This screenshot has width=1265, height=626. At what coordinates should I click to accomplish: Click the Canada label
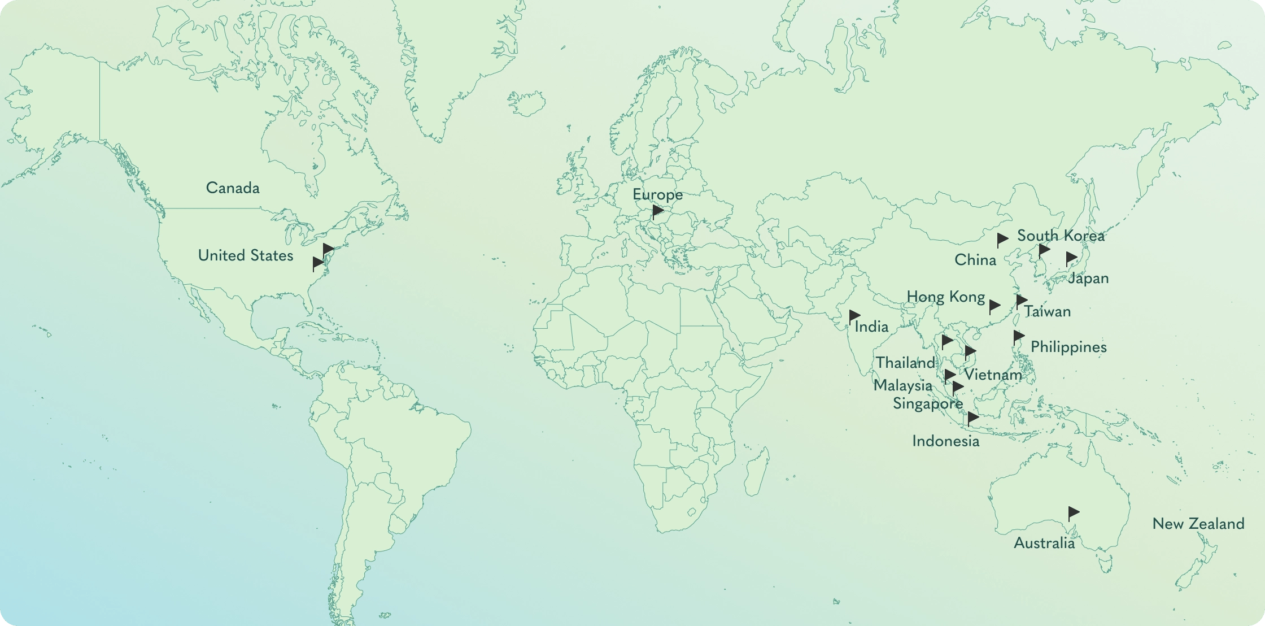tap(233, 188)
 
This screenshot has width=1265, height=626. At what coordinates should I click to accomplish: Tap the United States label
tap(246, 256)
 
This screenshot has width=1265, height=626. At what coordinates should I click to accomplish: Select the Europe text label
tap(657, 195)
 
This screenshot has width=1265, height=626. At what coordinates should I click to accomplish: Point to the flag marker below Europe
tap(658, 211)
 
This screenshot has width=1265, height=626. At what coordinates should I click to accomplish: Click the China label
tap(975, 260)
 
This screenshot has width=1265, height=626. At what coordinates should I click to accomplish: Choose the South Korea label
tap(1061, 236)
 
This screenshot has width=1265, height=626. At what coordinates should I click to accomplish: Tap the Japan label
tap(1088, 279)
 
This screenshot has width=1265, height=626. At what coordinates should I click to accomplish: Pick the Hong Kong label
tap(946, 297)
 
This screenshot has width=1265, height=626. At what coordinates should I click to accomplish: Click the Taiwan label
tap(1048, 311)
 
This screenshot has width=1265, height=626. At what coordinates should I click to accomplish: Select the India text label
tap(871, 327)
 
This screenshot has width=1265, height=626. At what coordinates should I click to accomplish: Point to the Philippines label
tap(1068, 347)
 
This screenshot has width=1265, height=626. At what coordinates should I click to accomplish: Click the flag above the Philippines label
tap(1019, 337)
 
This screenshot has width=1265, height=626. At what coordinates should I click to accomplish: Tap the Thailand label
tap(905, 363)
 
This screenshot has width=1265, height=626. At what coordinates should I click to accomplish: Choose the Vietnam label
tap(993, 375)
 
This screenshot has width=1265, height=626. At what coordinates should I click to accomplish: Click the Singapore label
tap(928, 404)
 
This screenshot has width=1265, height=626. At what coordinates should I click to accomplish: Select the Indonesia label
tap(945, 441)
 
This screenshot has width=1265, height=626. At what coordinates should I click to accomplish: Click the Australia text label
tap(1044, 544)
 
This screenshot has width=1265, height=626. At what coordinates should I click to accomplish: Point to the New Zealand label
tap(1198, 524)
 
